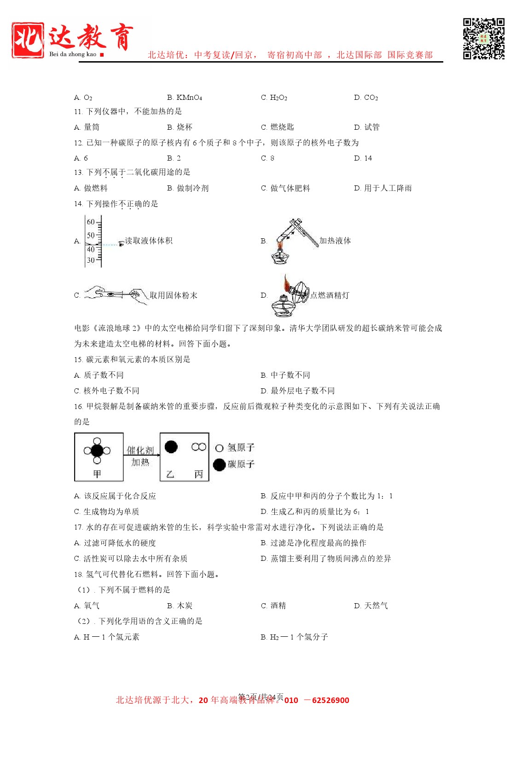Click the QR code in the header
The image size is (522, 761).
(x=483, y=39)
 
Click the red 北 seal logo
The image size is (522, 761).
(x=28, y=40)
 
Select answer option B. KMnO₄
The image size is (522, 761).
(x=185, y=98)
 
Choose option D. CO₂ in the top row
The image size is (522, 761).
(x=366, y=98)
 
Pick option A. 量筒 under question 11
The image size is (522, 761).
(x=87, y=127)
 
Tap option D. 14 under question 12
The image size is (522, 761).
(x=363, y=158)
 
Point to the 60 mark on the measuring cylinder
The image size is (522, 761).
(x=91, y=222)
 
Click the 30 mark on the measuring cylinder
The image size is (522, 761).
(x=91, y=260)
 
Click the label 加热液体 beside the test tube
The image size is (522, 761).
(x=335, y=241)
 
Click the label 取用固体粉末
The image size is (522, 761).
(x=174, y=295)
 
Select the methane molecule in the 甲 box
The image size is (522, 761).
(x=97, y=451)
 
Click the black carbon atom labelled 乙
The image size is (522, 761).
(x=171, y=447)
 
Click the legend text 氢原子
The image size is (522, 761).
(x=241, y=448)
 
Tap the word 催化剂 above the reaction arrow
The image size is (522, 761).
(x=140, y=450)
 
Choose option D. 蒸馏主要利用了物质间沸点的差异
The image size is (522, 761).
(x=326, y=559)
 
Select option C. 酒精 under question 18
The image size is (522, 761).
(x=273, y=605)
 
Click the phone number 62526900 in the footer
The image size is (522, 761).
(x=331, y=700)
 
